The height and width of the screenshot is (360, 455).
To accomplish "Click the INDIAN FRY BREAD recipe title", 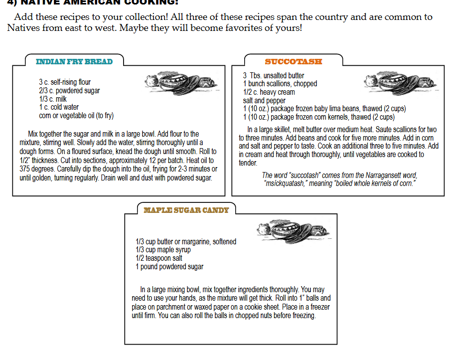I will [x=74, y=62].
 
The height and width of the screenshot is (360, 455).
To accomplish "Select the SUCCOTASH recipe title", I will [x=293, y=62].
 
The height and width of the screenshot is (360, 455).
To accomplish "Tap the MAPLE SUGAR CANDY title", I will [x=186, y=210].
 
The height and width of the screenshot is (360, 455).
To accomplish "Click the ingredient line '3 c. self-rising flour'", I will [x=65, y=82].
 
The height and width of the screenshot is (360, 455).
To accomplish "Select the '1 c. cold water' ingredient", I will [x=59, y=107].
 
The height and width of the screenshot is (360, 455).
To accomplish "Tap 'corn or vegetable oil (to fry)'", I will [x=76, y=116].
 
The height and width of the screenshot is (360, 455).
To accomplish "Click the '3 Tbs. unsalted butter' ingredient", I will [x=274, y=75].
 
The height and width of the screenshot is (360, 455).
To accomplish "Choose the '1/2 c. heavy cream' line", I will [x=269, y=92].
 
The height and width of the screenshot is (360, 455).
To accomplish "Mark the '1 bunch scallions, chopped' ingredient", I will [x=280, y=84].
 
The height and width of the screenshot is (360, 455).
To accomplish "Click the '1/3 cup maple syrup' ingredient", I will [x=163, y=250].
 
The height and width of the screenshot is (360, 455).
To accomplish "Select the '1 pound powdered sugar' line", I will [x=169, y=267].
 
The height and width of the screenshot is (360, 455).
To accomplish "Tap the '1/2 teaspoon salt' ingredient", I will [x=159, y=258].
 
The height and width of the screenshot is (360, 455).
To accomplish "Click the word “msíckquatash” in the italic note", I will [x=285, y=184].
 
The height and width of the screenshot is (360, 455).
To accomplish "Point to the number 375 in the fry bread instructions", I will [x=25, y=169].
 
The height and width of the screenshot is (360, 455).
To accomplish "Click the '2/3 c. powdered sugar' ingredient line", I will [x=69, y=90].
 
